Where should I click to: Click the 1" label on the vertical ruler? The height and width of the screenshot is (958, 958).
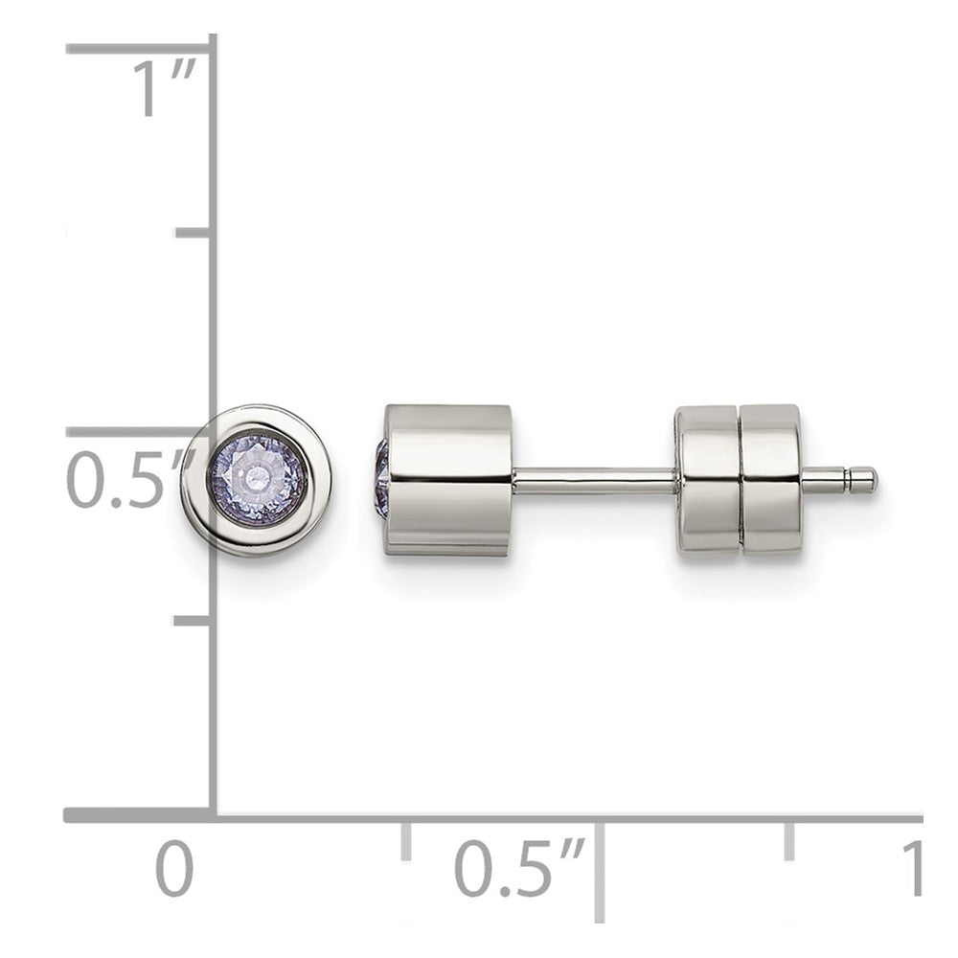pyautogui.click(x=165, y=88)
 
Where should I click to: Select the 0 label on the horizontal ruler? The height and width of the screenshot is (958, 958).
pyautogui.click(x=174, y=868)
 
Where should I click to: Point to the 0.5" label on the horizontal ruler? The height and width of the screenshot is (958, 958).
pyautogui.click(x=519, y=868)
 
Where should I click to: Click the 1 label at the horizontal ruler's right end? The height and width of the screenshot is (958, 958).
pyautogui.click(x=911, y=868)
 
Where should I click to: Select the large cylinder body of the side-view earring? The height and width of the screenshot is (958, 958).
pyautogui.click(x=447, y=480)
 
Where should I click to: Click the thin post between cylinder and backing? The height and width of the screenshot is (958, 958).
pyautogui.click(x=594, y=480)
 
